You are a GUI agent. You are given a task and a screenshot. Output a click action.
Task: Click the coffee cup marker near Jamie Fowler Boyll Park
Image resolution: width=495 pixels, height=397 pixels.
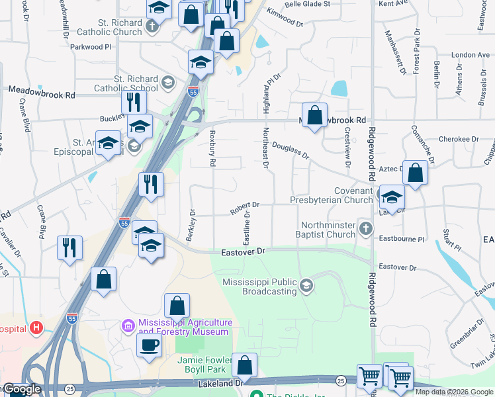click(149, 344)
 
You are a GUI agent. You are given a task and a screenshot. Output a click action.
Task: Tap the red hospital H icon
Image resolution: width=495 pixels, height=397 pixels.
click(36, 328)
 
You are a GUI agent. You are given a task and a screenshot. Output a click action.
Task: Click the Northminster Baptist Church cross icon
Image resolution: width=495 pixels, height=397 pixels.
click(366, 229)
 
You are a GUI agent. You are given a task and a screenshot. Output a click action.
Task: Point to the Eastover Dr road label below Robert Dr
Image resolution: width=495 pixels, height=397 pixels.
click(242, 251)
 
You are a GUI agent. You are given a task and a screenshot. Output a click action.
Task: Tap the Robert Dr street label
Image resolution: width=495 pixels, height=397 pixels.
click(244, 208)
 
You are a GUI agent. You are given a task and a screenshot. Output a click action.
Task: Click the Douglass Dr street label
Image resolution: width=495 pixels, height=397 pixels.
click(291, 152)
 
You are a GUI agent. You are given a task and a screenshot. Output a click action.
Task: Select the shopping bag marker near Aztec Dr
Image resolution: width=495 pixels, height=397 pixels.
click(415, 173)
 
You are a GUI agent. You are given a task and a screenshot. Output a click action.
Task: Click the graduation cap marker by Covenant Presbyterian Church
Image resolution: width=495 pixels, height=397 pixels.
click(392, 197)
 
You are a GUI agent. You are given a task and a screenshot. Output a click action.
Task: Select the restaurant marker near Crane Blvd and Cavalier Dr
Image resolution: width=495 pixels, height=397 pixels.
click(69, 247)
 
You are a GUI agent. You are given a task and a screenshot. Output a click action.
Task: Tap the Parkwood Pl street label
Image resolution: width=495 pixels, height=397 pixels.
click(90, 47)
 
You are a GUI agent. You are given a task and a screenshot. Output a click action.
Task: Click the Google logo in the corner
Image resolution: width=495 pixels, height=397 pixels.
click(21, 390)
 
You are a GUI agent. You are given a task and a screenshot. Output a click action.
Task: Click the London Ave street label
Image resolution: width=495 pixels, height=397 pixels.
click(469, 55)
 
